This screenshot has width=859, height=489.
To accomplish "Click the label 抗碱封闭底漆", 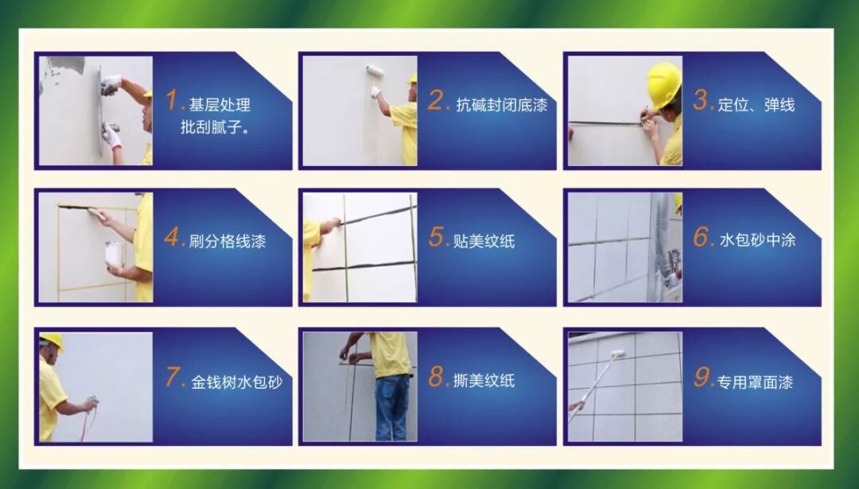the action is (502, 105).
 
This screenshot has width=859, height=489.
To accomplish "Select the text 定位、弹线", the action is (756, 105).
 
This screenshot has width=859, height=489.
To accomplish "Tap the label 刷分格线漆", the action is (227, 241).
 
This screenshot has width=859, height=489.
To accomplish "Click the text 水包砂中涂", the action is (757, 240).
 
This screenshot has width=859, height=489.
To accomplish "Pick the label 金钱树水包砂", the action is (237, 382).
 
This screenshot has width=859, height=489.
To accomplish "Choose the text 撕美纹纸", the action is (484, 380).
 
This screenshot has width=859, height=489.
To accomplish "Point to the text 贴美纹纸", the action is (484, 241).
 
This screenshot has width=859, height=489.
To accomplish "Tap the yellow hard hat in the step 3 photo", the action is (664, 84).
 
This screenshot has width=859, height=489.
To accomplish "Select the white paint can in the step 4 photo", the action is (114, 254).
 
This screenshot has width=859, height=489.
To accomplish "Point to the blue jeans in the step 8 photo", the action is (393, 407).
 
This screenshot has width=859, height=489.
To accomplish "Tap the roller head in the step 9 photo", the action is (617, 355).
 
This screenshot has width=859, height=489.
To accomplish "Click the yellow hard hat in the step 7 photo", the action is (51, 340).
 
